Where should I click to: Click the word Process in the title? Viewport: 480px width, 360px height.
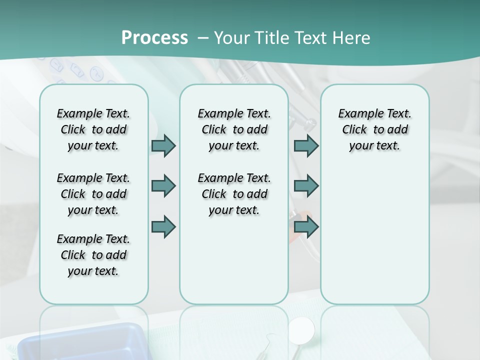pyautogui.click(x=154, y=38)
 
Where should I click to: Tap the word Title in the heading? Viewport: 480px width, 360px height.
pyautogui.click(x=269, y=38)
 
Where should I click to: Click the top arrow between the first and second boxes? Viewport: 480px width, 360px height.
pyautogui.click(x=163, y=145)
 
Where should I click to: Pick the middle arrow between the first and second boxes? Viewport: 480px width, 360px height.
pyautogui.click(x=163, y=186)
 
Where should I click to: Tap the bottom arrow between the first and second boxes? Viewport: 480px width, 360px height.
pyautogui.click(x=163, y=227)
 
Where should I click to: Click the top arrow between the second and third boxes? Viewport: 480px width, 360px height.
pyautogui.click(x=306, y=145)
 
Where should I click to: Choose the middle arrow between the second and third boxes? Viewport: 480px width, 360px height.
pyautogui.click(x=306, y=186)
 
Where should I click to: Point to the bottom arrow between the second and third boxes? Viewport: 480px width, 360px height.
pyautogui.click(x=306, y=227)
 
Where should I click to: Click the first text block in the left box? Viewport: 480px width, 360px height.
pyautogui.click(x=93, y=129)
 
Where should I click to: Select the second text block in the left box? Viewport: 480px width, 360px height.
pyautogui.click(x=93, y=194)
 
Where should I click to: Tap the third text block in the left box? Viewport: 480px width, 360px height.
pyautogui.click(x=93, y=255)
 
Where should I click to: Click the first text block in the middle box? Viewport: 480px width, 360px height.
pyautogui.click(x=234, y=129)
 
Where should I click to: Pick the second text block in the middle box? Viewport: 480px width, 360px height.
pyautogui.click(x=234, y=194)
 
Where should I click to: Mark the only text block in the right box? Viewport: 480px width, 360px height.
pyautogui.click(x=374, y=129)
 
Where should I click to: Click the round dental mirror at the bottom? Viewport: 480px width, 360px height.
pyautogui.click(x=302, y=329)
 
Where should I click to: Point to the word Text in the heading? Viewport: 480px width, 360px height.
pyautogui.click(x=305, y=38)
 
